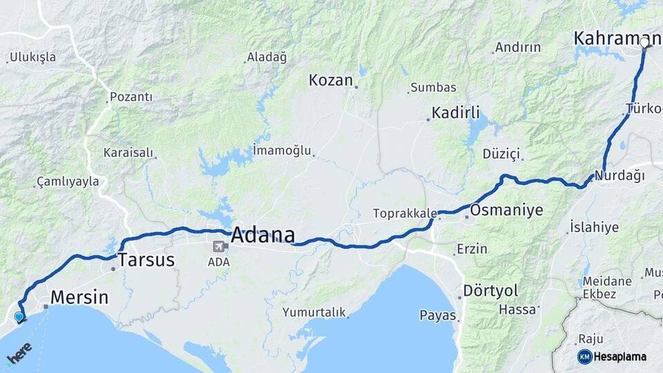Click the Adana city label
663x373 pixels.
tap(262, 235)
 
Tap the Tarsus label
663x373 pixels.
tap(146, 260)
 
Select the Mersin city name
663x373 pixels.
tap(81, 298)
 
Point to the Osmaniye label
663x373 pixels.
tap(506, 210)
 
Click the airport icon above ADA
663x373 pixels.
tap(220, 247)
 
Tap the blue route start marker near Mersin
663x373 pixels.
tap(19, 317)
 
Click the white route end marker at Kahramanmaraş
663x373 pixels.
tap(644, 43)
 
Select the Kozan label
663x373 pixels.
tap(331, 80)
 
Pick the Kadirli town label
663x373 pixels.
tap(455, 113)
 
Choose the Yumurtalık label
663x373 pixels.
tap(314, 312)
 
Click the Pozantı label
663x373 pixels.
tap(131, 97)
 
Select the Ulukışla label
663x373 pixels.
tap(33, 57)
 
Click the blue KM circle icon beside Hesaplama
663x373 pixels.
tap(584, 356)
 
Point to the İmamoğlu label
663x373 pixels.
tap(282, 150)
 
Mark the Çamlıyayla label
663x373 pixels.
tap(68, 182)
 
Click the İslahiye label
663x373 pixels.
tap(594, 227)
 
